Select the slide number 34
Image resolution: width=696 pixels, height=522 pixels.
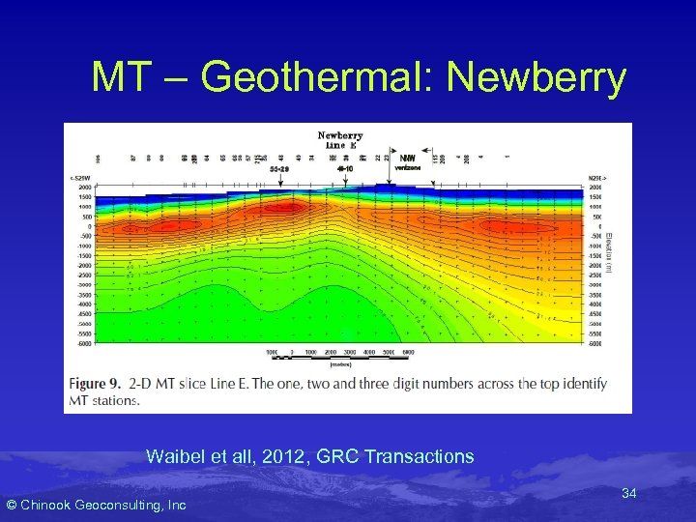(628, 494)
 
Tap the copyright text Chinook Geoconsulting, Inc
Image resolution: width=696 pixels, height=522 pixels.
(97, 505)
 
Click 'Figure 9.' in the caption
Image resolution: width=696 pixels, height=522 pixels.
(100, 384)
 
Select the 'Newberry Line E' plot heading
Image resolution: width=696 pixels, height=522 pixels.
(339, 140)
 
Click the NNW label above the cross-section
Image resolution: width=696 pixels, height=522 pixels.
(409, 159)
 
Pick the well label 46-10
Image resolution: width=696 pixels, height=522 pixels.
(345, 167)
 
